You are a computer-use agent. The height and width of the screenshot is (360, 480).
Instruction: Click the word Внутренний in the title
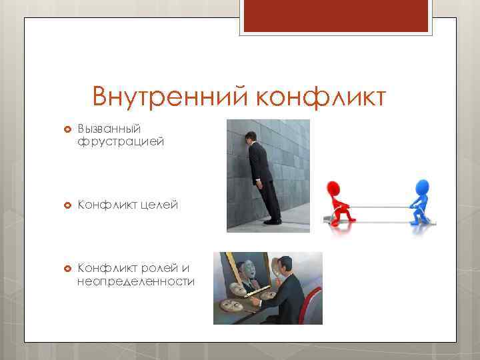click(x=169, y=97)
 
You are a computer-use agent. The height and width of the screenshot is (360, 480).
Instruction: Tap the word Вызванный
click(x=106, y=127)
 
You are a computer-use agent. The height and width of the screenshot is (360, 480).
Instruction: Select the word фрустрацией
click(x=120, y=141)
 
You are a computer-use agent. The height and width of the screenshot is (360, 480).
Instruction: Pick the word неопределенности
click(x=136, y=282)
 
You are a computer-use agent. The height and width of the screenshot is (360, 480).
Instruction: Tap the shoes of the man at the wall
click(x=271, y=221)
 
